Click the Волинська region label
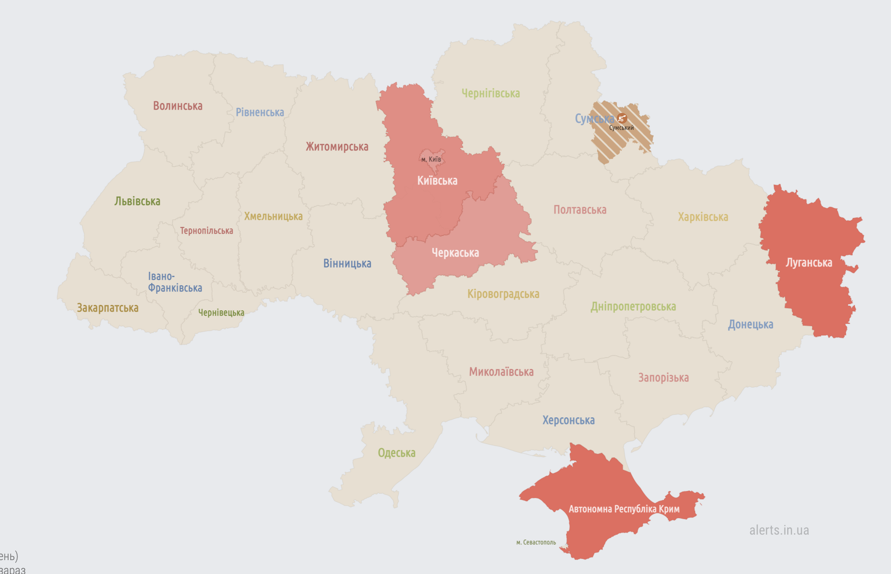(x=178, y=106)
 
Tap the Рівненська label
(x=260, y=112)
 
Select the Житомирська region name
(x=337, y=147)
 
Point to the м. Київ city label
(x=431, y=159)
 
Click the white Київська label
(x=437, y=181)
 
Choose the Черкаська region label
(x=455, y=253)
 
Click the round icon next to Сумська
(x=622, y=118)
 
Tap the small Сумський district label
(x=621, y=128)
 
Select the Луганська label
(x=809, y=263)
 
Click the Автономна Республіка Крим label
(x=624, y=509)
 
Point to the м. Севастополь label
(x=536, y=543)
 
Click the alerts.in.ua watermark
(x=779, y=531)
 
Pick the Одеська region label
(x=396, y=453)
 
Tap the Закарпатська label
(x=108, y=308)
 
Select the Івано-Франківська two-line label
(x=175, y=282)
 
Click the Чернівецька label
(x=221, y=313)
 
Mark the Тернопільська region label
(x=206, y=231)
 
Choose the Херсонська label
(x=568, y=420)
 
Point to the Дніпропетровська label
(x=633, y=307)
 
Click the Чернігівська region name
(x=491, y=94)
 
